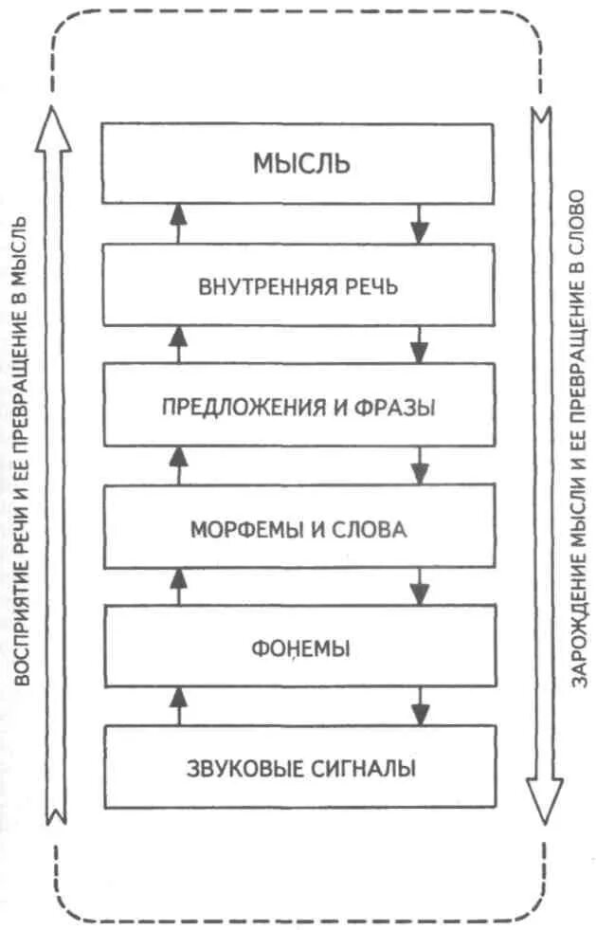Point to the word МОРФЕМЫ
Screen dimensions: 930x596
242,529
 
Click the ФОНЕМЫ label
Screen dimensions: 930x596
301,650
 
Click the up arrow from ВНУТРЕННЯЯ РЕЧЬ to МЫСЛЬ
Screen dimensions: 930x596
177,224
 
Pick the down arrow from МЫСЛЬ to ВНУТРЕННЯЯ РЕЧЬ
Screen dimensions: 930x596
420,224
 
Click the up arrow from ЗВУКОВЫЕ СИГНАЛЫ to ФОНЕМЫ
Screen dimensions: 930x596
177,705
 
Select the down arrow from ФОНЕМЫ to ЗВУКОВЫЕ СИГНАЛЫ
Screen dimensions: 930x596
420,705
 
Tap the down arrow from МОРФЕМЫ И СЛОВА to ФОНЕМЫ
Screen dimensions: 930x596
420,586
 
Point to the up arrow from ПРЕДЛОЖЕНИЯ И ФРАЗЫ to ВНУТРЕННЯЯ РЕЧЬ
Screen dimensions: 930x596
177,344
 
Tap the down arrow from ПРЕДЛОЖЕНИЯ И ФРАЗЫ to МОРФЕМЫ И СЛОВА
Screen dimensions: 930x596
420,465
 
